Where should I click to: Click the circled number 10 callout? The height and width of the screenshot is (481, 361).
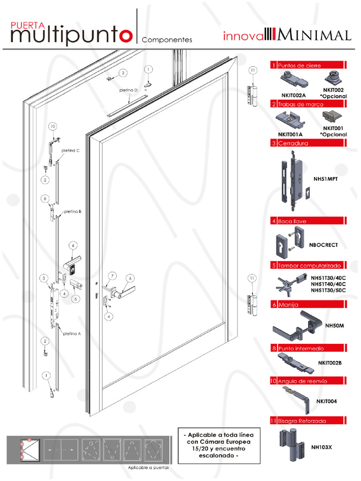click(52, 126)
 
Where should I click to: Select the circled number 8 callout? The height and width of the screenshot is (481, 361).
click(45, 199)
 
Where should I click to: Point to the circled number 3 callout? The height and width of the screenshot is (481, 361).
click(43, 279)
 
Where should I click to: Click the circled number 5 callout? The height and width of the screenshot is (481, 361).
click(75, 298)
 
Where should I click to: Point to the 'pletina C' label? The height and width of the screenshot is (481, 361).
click(71, 150)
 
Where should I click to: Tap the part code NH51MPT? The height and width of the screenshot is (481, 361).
click(326, 179)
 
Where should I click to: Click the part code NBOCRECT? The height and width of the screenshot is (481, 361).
click(323, 245)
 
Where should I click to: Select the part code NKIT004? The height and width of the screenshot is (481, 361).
click(326, 402)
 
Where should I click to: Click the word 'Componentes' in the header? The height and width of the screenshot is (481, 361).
click(167, 40)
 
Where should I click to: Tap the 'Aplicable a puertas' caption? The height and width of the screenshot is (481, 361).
click(148, 468)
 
